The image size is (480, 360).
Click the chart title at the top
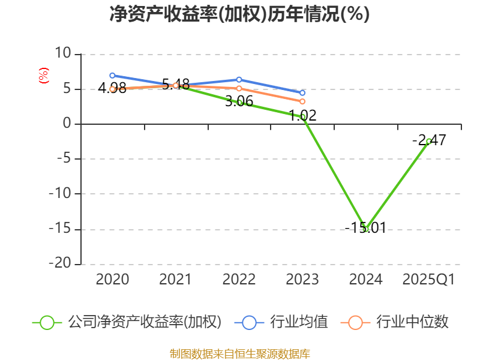tap(239, 14)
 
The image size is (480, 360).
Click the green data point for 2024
tap(365, 229)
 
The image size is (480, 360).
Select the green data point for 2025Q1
tap(428, 141)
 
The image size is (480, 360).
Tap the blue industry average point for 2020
tap(112, 76)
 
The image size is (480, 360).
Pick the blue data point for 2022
tap(239, 80)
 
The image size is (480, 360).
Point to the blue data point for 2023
tap(302, 93)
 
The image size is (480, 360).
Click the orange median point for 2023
tap(302, 101)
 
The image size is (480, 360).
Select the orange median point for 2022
tap(239, 88)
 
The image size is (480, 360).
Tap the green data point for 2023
tap(303, 116)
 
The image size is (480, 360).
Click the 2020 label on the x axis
tap(112, 280)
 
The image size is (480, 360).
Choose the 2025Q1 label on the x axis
tap(428, 280)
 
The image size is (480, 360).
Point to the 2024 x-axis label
tap(365, 280)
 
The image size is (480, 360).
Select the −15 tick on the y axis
tap(59, 229)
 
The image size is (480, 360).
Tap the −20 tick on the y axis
tap(59, 264)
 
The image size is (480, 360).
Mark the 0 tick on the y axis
tap(67, 124)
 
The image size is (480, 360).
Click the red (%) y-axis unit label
tap(43, 76)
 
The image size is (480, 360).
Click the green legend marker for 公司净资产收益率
tap(47, 322)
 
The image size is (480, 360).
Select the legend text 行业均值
tap(299, 322)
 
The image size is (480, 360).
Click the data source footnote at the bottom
tap(239, 353)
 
